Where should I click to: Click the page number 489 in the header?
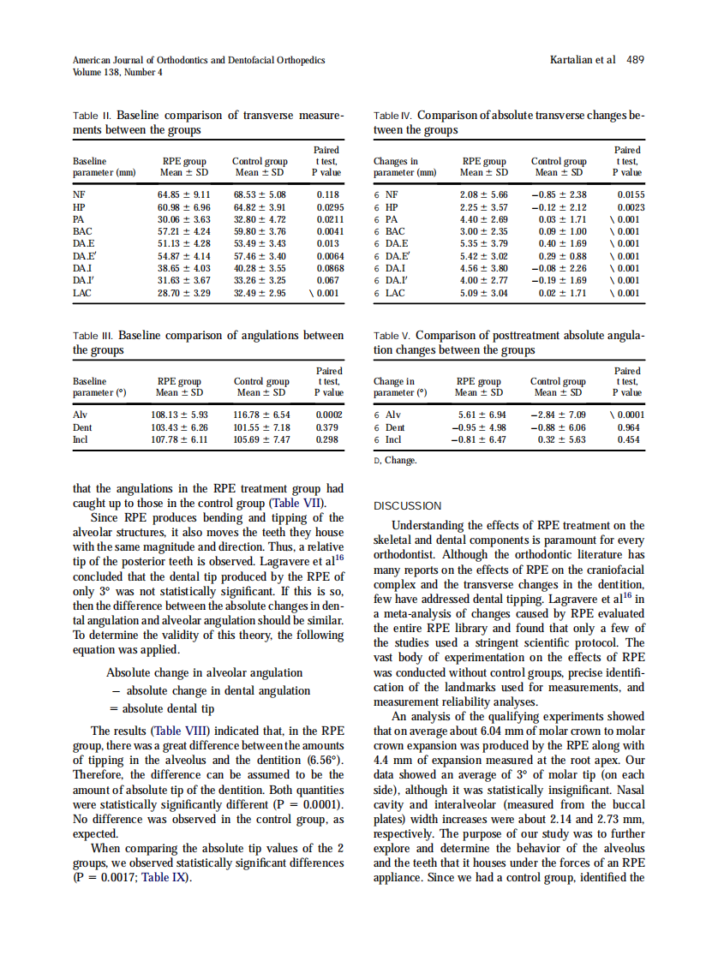click(635, 60)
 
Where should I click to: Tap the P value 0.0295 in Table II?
click(327, 207)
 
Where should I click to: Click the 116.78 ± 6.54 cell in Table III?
click(261, 414)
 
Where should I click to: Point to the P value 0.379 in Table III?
click(329, 427)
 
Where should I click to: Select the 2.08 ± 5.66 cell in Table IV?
click(484, 195)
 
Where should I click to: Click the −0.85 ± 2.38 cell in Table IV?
click(559, 195)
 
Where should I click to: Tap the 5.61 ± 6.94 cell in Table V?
click(482, 414)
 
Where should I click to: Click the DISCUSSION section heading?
click(408, 506)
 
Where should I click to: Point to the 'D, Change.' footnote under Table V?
click(396, 460)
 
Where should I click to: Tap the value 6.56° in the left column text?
click(325, 760)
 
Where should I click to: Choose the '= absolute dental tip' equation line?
click(160, 708)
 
